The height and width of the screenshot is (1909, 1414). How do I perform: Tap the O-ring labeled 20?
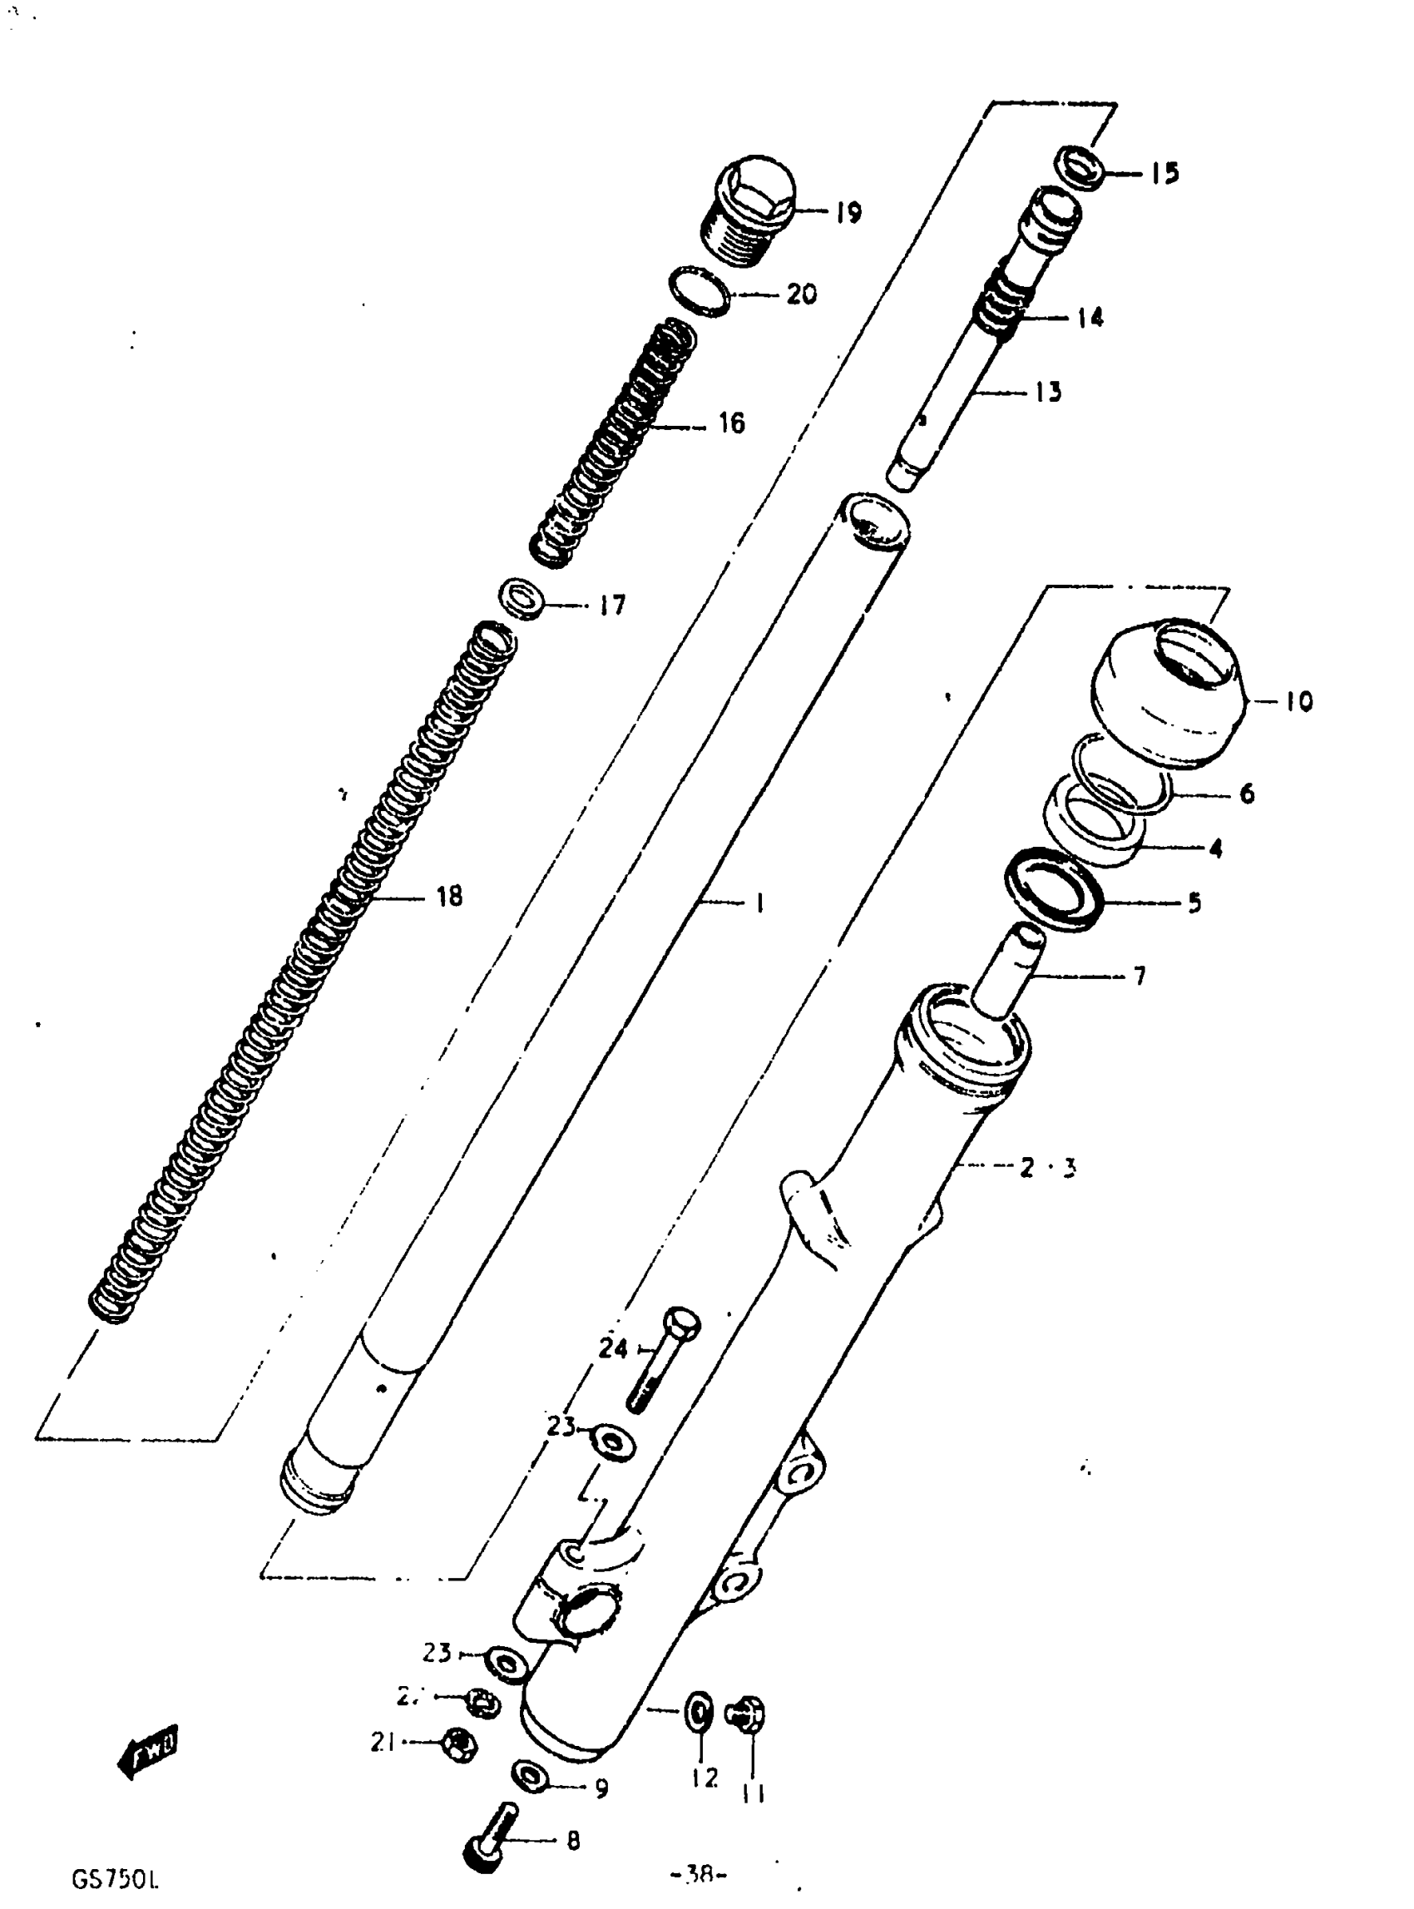point(700,292)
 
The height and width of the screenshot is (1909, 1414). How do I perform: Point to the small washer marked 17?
point(522,596)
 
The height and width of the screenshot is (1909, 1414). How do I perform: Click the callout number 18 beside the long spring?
point(448,897)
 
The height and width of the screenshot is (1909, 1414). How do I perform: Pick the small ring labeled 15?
point(1080,167)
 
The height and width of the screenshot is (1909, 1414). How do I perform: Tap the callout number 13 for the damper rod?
point(1048,392)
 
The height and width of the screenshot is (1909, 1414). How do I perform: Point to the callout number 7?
point(1139,975)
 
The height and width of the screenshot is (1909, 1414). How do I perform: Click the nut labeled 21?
point(459,1742)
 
